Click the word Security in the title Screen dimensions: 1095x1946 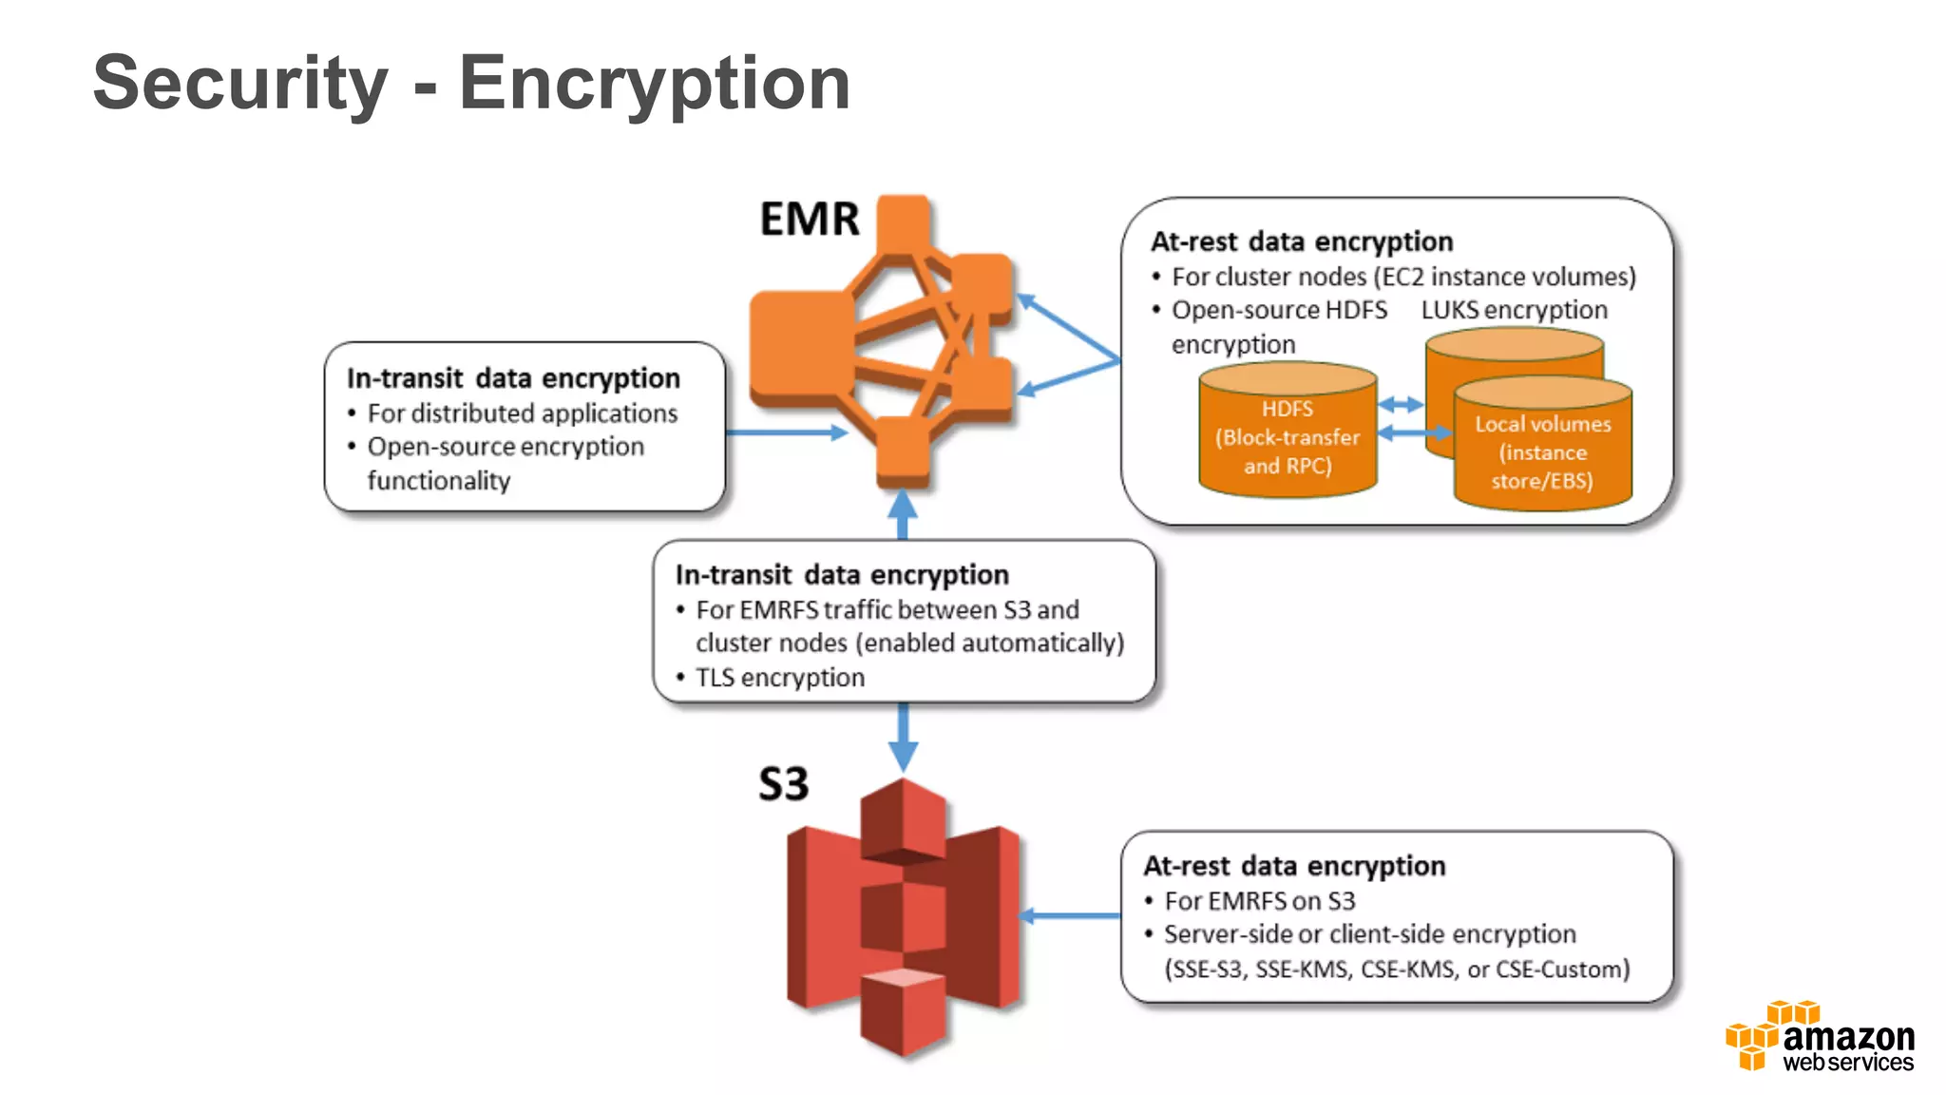click(x=240, y=84)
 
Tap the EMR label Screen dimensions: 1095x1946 click(x=809, y=220)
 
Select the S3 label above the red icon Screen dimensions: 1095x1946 click(x=783, y=784)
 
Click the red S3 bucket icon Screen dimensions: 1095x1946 click(x=903, y=917)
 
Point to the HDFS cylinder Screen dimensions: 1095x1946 click(x=1288, y=432)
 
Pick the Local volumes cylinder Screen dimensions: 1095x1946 click(x=1542, y=447)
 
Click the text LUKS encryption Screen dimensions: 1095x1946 click(x=1514, y=310)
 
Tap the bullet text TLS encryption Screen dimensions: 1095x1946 click(x=779, y=678)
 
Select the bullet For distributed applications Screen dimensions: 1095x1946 click(x=522, y=413)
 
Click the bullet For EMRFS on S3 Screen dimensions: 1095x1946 click(x=1259, y=900)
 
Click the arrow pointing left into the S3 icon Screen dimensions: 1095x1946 click(x=1070, y=915)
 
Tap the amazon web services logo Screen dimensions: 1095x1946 click(x=1820, y=1037)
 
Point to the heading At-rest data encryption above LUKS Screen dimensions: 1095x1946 click(x=1301, y=241)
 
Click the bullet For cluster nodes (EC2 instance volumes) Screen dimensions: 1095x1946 click(x=1402, y=277)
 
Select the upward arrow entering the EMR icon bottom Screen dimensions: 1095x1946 click(x=903, y=513)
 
